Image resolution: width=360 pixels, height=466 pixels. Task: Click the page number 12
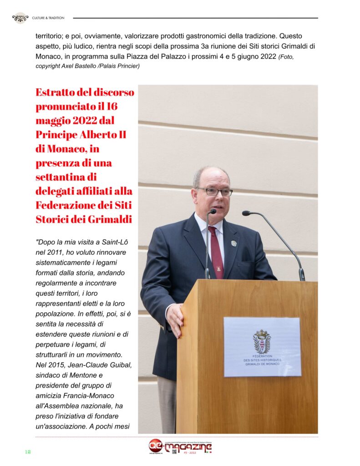click(x=28, y=451)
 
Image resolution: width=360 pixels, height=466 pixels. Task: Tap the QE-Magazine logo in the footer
click(x=181, y=446)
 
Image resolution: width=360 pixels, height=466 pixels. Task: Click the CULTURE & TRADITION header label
click(x=48, y=18)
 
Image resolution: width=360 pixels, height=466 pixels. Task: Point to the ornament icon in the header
click(x=20, y=18)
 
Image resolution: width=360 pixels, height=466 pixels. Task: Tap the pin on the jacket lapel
click(x=234, y=243)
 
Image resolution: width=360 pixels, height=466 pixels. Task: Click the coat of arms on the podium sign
click(x=262, y=341)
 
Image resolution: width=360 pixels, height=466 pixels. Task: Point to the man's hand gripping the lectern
click(x=175, y=319)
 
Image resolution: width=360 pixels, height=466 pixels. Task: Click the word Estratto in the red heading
click(x=57, y=92)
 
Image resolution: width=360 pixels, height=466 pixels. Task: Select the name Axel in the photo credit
click(x=66, y=66)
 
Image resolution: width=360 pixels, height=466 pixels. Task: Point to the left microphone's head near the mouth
click(x=213, y=211)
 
